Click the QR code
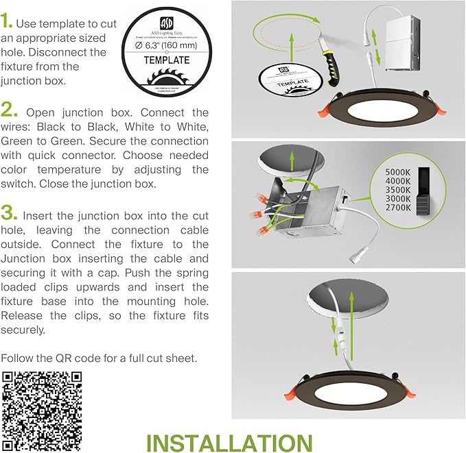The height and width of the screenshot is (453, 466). (x=42, y=408)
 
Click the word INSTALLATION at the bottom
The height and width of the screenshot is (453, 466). (x=229, y=442)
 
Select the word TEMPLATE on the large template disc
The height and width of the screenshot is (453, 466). (x=166, y=60)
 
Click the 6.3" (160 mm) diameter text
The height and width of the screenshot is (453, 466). (x=166, y=45)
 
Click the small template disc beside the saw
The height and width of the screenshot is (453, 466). (x=290, y=81)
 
